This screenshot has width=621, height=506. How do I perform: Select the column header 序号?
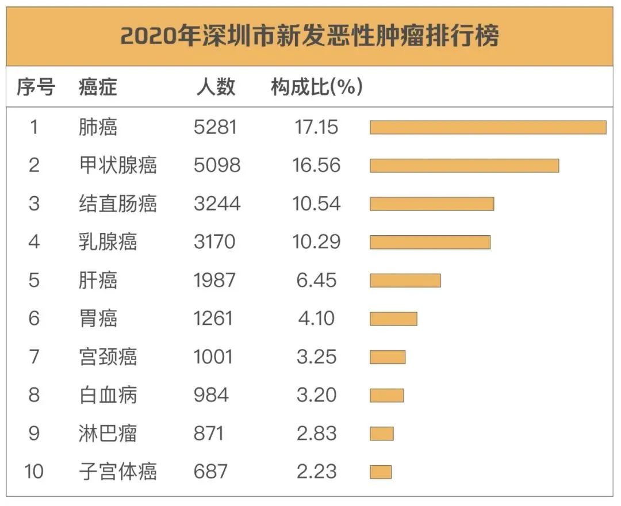pyautogui.click(x=35, y=87)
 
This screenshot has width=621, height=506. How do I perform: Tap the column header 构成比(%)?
pyautogui.click(x=316, y=87)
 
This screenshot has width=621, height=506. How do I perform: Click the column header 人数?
pyautogui.click(x=216, y=87)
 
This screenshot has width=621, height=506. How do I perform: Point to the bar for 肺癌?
pyautogui.click(x=488, y=127)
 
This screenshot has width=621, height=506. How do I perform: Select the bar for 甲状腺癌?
pyautogui.click(x=464, y=166)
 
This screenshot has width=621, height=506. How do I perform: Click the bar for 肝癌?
pyautogui.click(x=405, y=281)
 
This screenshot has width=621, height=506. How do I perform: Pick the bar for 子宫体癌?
pyautogui.click(x=380, y=472)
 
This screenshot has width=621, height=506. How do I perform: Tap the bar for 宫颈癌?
pyautogui.click(x=387, y=357)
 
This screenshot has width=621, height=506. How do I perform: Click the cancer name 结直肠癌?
pyautogui.click(x=117, y=204)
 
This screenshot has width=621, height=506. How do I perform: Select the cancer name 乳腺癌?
pyautogui.click(x=108, y=242)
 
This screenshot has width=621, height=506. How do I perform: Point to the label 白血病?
pyautogui.click(x=108, y=395)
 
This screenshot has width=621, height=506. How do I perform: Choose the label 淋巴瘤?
pyautogui.click(x=108, y=434)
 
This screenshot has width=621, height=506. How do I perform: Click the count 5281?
pyautogui.click(x=215, y=127)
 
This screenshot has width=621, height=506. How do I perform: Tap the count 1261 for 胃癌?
pyautogui.click(x=213, y=319)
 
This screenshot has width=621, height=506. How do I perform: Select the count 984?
pyautogui.click(x=211, y=395)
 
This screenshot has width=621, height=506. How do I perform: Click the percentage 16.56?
pyautogui.click(x=316, y=166)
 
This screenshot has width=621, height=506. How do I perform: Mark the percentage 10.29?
pyautogui.click(x=316, y=242)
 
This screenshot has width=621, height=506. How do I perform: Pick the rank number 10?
pyautogui.click(x=34, y=472)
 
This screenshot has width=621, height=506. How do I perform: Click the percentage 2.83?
pyautogui.click(x=316, y=434)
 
